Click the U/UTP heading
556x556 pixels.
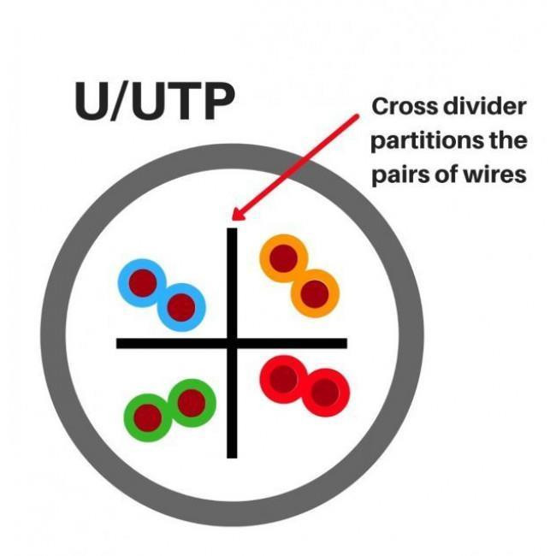click(154, 103)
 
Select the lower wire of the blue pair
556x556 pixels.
click(180, 305)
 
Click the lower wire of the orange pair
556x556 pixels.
click(315, 293)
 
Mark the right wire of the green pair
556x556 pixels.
click(191, 402)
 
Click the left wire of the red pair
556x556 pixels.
click(284, 377)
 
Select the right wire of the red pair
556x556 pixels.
click(325, 393)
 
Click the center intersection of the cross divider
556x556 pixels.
click(232, 343)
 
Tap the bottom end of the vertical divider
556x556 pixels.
click(232, 454)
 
